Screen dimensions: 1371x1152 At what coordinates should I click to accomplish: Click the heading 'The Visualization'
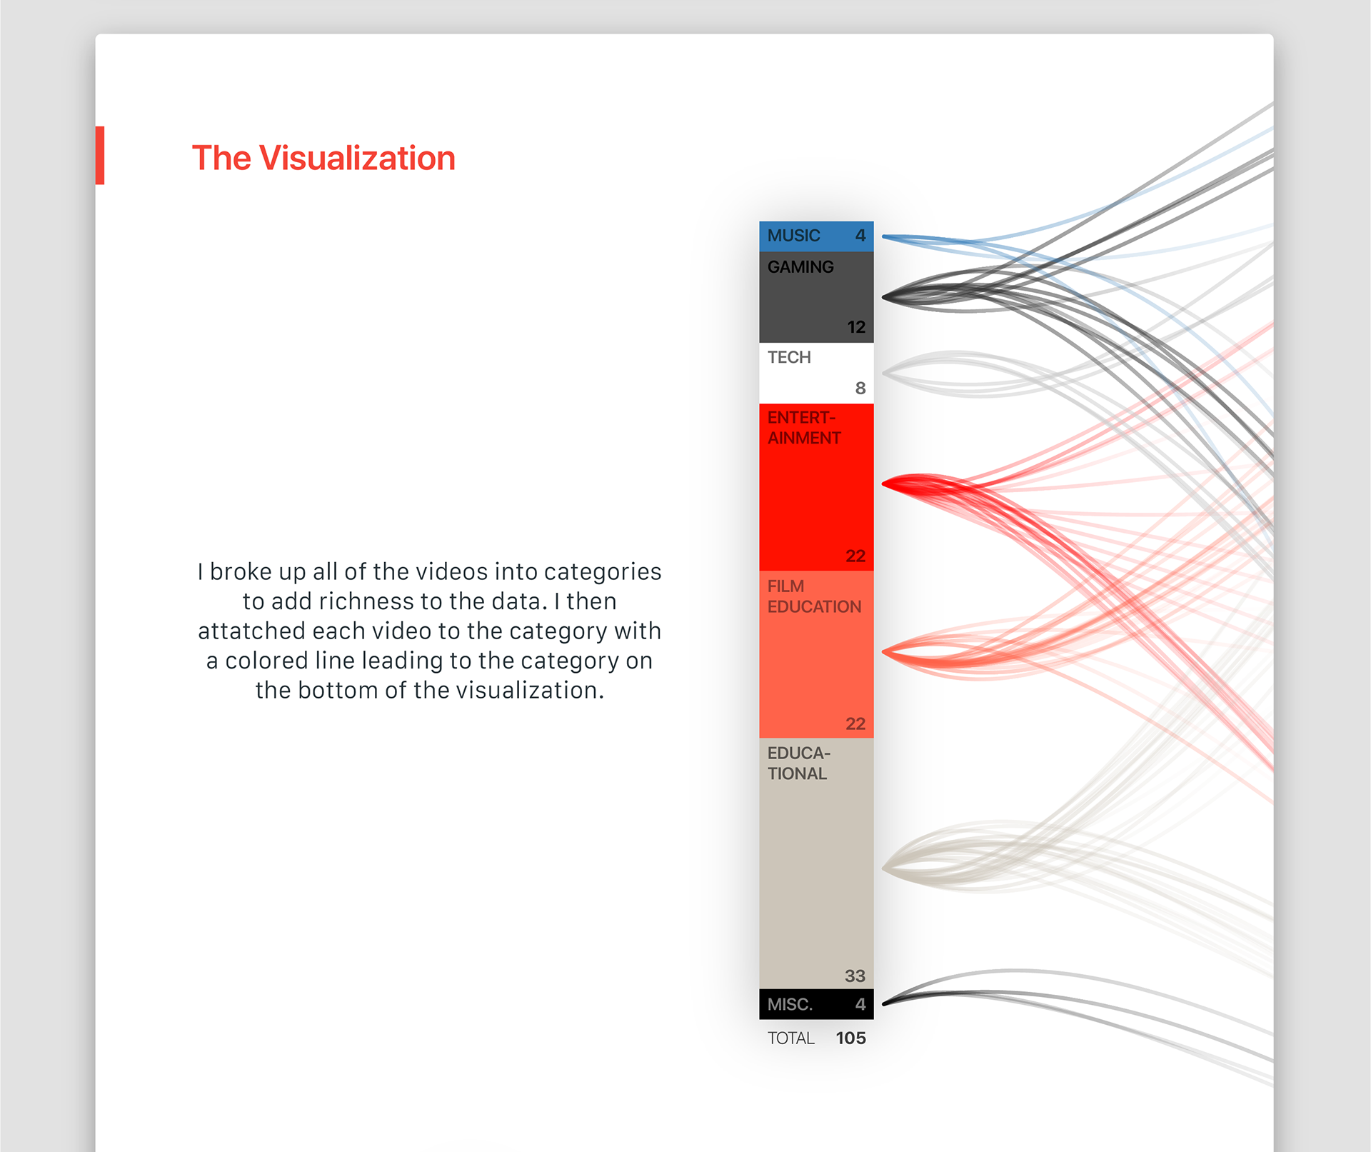coord(323,158)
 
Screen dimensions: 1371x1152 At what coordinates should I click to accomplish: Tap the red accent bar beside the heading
coord(100,155)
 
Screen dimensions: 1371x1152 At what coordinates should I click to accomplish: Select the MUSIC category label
coord(793,235)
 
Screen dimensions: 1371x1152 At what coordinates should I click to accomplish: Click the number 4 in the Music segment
coord(860,235)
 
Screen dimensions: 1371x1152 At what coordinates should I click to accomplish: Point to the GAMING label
coord(800,266)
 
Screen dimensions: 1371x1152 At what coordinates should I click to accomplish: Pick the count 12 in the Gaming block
coord(856,327)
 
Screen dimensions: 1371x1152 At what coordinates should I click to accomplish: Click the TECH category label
coord(789,357)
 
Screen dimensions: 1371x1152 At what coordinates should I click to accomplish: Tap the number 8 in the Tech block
coord(860,388)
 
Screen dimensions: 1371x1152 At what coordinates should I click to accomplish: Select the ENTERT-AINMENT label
coord(804,428)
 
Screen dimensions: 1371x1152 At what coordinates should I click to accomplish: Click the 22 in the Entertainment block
coord(855,556)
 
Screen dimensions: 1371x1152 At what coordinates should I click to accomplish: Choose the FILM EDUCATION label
coord(814,596)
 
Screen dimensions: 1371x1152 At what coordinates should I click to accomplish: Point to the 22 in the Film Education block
coord(855,723)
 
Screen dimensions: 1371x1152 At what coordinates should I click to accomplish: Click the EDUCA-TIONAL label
coord(799,763)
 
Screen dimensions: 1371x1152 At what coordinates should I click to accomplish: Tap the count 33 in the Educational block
coord(855,976)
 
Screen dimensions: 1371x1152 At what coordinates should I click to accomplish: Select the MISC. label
coord(790,1004)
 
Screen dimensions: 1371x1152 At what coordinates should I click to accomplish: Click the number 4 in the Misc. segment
coord(860,1004)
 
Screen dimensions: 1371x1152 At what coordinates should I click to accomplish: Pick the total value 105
coord(851,1038)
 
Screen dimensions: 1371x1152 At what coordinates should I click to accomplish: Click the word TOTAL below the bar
coord(791,1038)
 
